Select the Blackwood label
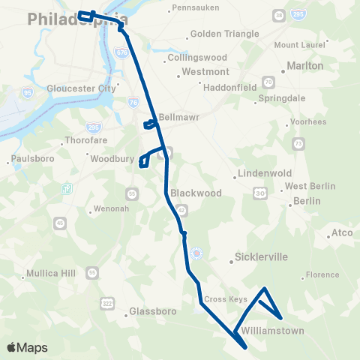point(196,193)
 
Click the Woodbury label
point(111,159)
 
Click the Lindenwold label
point(264,173)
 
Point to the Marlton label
point(305,66)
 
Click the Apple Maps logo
point(27,347)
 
